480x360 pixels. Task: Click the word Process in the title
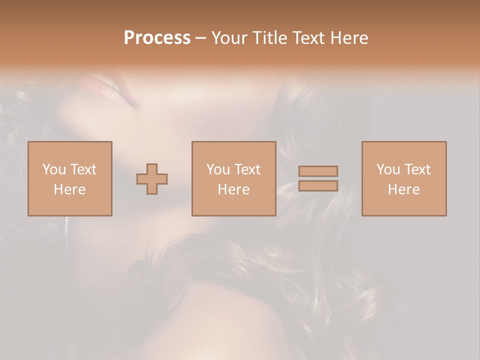157,38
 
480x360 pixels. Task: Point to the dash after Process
201,38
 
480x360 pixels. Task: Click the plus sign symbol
152,179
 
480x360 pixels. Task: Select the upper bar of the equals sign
318,171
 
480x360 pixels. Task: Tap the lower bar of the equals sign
318,186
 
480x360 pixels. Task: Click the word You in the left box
54,169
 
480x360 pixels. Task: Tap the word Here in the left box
69,189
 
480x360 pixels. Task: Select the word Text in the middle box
247,169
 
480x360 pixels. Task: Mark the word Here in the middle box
233,189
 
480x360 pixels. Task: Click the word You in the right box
388,169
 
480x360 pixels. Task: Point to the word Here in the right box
404,189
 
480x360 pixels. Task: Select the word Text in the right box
417,169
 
